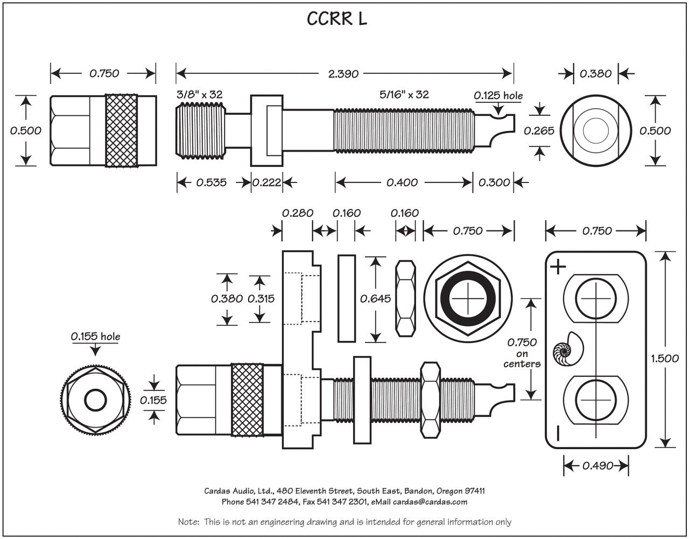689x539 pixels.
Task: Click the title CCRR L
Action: (337, 19)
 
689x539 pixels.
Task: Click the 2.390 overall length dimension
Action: (343, 74)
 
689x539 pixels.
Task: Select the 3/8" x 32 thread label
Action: (200, 95)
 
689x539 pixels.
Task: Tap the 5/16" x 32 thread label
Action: (404, 95)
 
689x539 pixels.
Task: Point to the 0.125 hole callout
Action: (498, 96)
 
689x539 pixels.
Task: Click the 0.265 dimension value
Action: (539, 131)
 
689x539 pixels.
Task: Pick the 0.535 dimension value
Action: (211, 183)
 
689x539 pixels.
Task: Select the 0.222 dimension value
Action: (266, 183)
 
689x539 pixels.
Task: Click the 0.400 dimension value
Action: (402, 183)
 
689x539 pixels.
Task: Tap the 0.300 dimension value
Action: (494, 183)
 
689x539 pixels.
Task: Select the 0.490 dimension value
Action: (597, 466)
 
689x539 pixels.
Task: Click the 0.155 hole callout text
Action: (95, 337)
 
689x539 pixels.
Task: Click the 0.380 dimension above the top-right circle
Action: (595, 74)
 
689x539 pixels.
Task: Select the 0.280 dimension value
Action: (298, 213)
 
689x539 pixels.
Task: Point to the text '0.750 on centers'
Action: (522, 353)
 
